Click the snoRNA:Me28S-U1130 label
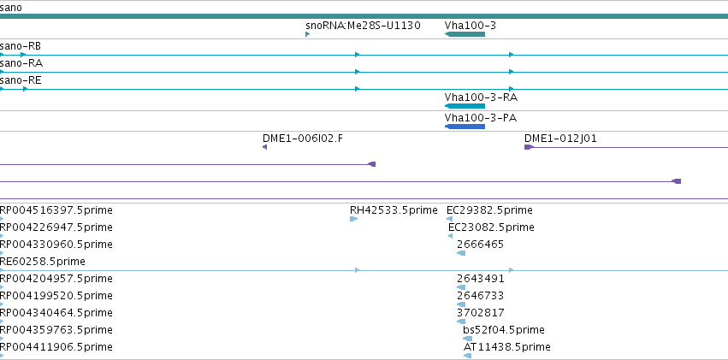363,26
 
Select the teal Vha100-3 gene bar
465,34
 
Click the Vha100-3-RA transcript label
481,97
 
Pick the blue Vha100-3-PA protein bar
465,127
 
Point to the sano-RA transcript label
21,63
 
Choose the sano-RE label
21,80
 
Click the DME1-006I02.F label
303,139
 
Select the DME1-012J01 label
560,139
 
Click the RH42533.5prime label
394,210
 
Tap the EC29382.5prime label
489,210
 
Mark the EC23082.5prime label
491,227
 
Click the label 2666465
480,245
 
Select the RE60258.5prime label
43,262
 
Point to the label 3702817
481,313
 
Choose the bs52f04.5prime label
504,330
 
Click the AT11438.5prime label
507,347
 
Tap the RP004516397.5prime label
56,210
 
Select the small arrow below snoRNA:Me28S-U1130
307,34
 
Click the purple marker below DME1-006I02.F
264,147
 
